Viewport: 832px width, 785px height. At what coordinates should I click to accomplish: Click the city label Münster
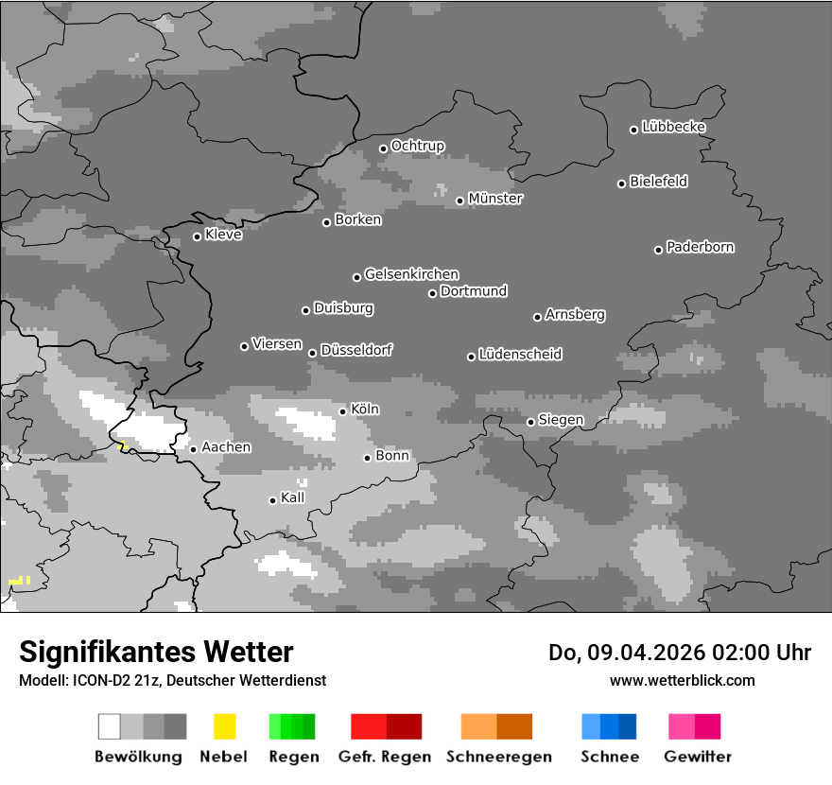coord(495,199)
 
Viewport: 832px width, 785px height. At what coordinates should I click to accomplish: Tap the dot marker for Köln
coord(343,411)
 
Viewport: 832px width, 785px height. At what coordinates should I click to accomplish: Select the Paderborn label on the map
coord(701,248)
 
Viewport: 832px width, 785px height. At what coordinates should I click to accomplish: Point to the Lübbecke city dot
coord(634,130)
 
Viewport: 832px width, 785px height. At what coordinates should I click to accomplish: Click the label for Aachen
coord(226,447)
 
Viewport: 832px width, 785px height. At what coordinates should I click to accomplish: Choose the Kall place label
coord(293,497)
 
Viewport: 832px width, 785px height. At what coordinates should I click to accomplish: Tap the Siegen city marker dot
coord(531,422)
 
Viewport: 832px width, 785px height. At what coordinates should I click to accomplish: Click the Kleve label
coord(223,235)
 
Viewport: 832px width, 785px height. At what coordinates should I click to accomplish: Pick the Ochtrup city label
coord(418,147)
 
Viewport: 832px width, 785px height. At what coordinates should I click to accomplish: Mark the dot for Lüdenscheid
coord(471,357)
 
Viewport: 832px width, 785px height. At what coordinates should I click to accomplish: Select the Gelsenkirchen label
coord(411,275)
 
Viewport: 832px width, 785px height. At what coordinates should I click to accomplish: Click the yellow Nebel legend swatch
coord(224,726)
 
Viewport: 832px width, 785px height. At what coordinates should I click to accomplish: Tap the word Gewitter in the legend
coord(698,757)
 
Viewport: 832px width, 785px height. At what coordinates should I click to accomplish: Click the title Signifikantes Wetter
coord(156,653)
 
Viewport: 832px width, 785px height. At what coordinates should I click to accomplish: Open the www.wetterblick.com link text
coord(682,680)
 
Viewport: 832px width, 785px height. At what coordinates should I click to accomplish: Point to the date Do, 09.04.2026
coord(628,653)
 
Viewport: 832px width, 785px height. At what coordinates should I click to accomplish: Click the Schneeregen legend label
coord(499,757)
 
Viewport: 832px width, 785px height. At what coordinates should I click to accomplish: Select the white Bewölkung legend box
coord(110,726)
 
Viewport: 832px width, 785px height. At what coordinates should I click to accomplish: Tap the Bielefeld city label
coord(659,182)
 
